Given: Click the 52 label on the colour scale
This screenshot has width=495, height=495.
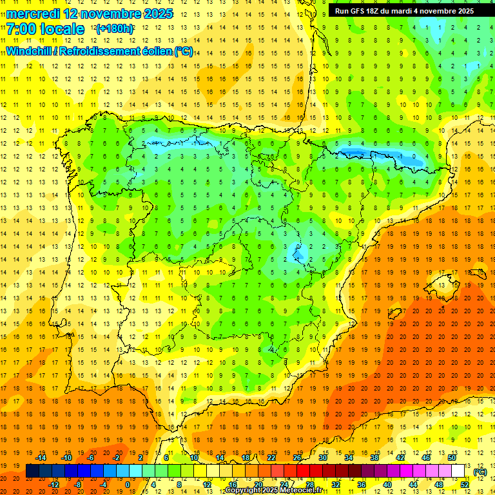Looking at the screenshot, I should (465, 485).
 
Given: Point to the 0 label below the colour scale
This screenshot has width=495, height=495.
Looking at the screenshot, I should (128, 485).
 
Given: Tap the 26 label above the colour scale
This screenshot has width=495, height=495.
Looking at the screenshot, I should (297, 458).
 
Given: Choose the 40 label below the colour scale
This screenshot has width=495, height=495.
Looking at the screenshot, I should (387, 485).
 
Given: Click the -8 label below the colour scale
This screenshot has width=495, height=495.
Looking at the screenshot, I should (77, 485).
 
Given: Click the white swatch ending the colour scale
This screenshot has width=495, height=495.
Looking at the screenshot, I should (458, 471).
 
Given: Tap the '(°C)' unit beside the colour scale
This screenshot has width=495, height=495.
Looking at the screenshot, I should (480, 472).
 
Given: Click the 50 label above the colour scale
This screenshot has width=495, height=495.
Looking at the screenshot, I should (452, 458).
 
